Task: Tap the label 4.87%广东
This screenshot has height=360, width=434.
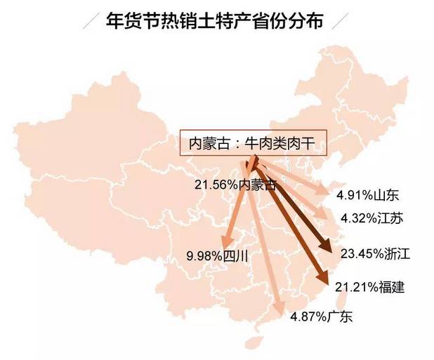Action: click(x=321, y=317)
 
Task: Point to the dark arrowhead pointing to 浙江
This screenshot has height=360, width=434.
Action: click(x=327, y=246)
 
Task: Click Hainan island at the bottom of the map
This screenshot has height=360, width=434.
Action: click(x=251, y=344)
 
